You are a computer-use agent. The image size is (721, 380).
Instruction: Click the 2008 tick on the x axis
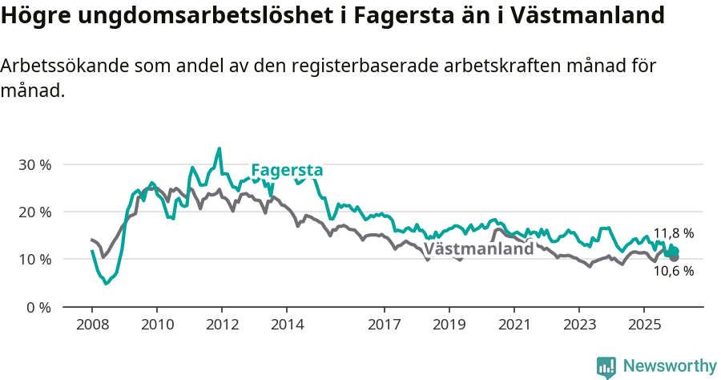tap(91, 325)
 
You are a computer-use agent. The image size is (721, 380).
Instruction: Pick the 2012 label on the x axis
tap(221, 325)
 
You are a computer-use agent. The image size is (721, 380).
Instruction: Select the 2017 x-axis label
tap(384, 325)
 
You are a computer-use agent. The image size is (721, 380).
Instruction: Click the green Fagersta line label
tap(287, 170)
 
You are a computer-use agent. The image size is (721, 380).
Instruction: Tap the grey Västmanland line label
tap(478, 249)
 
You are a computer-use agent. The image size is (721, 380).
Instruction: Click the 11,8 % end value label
tap(673, 233)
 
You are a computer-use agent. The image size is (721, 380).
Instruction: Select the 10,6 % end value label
tap(673, 271)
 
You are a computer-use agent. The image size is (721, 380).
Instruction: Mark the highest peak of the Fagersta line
tap(220, 148)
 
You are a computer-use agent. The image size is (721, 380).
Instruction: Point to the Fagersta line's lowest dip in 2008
tap(106, 283)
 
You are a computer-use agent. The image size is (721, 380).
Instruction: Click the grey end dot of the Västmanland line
tap(675, 257)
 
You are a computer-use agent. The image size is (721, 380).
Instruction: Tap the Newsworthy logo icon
tap(606, 366)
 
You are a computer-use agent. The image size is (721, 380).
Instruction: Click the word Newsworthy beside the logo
tap(670, 366)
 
